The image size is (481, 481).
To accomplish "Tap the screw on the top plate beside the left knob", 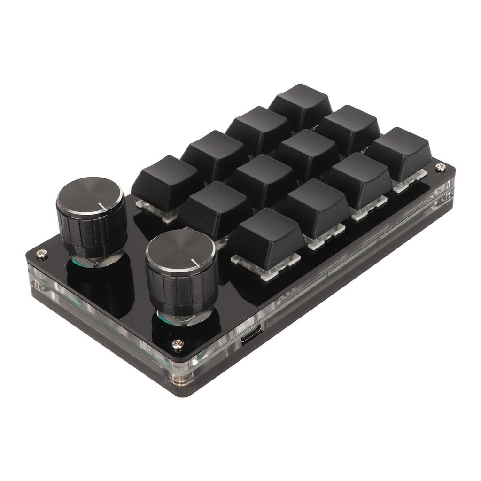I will [42, 254].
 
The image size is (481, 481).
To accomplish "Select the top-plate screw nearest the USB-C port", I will [178, 345].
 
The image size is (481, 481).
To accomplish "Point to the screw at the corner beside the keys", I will [440, 166].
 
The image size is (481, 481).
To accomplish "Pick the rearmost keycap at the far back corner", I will [301, 105].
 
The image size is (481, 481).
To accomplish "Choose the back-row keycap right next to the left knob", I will [167, 181].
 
